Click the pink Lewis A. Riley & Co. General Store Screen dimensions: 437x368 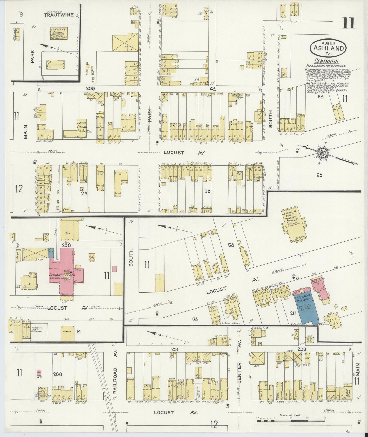pos(67,273)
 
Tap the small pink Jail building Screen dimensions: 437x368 pos(39,374)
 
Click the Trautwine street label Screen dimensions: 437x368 pos(59,15)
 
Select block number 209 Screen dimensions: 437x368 pos(90,89)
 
